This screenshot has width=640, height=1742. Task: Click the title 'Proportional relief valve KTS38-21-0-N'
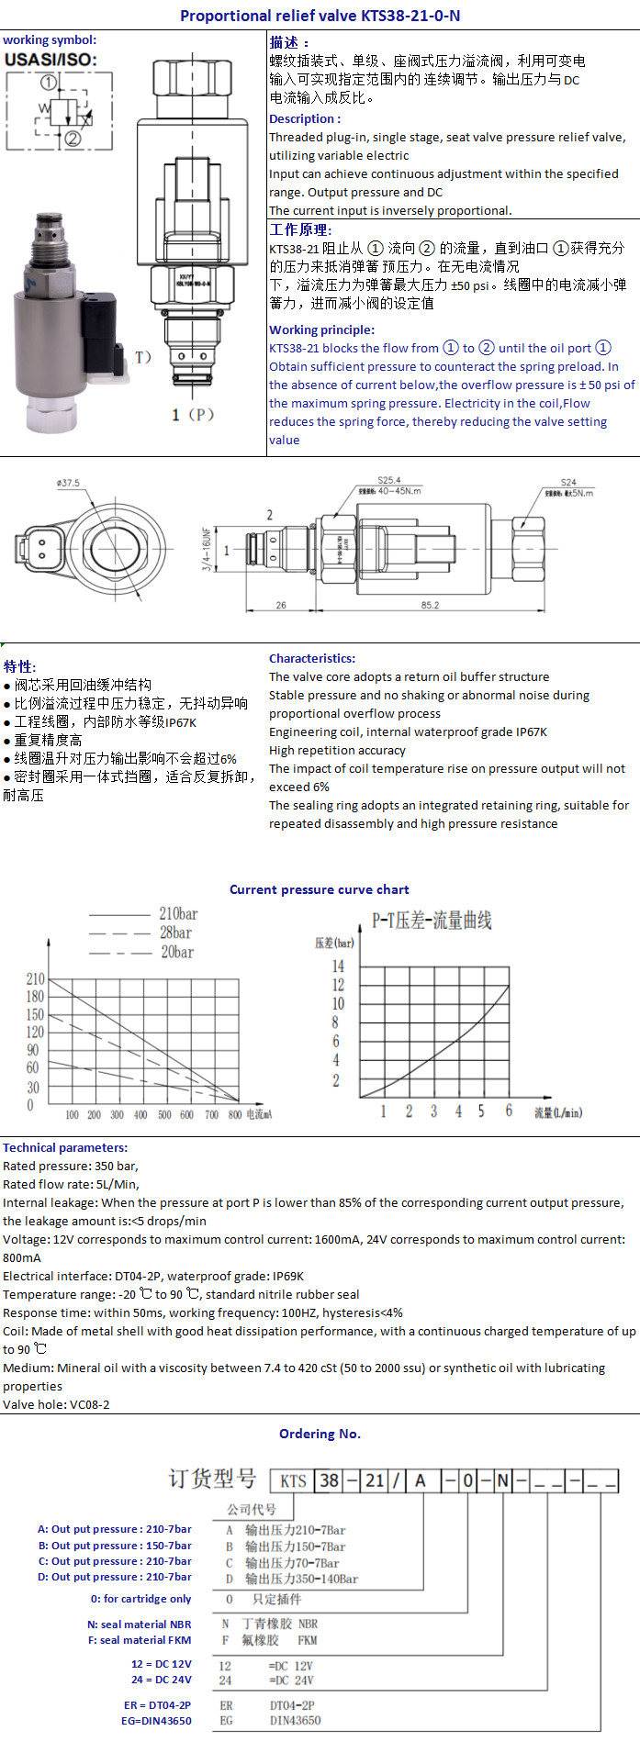320,16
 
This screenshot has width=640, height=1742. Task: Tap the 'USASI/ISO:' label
51,60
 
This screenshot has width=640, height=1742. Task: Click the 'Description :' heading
305,118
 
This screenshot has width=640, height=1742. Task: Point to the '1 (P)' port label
193,415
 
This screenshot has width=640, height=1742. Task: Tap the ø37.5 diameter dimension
68,483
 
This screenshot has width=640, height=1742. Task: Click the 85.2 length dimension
430,605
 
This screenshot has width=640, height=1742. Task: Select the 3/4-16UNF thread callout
207,549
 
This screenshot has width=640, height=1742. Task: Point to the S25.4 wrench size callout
389,480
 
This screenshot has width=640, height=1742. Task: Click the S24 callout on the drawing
568,482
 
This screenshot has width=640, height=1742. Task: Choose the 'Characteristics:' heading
312,658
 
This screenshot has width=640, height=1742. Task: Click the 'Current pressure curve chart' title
320,889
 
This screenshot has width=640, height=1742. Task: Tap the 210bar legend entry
178,914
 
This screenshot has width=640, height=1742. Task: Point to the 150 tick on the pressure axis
35,1014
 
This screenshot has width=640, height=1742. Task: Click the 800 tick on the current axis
234,1115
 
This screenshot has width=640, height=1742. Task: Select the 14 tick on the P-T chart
338,966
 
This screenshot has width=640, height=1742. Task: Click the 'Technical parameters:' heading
65,1147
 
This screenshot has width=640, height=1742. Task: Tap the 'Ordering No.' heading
320,1434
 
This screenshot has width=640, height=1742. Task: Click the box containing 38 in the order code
330,1480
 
